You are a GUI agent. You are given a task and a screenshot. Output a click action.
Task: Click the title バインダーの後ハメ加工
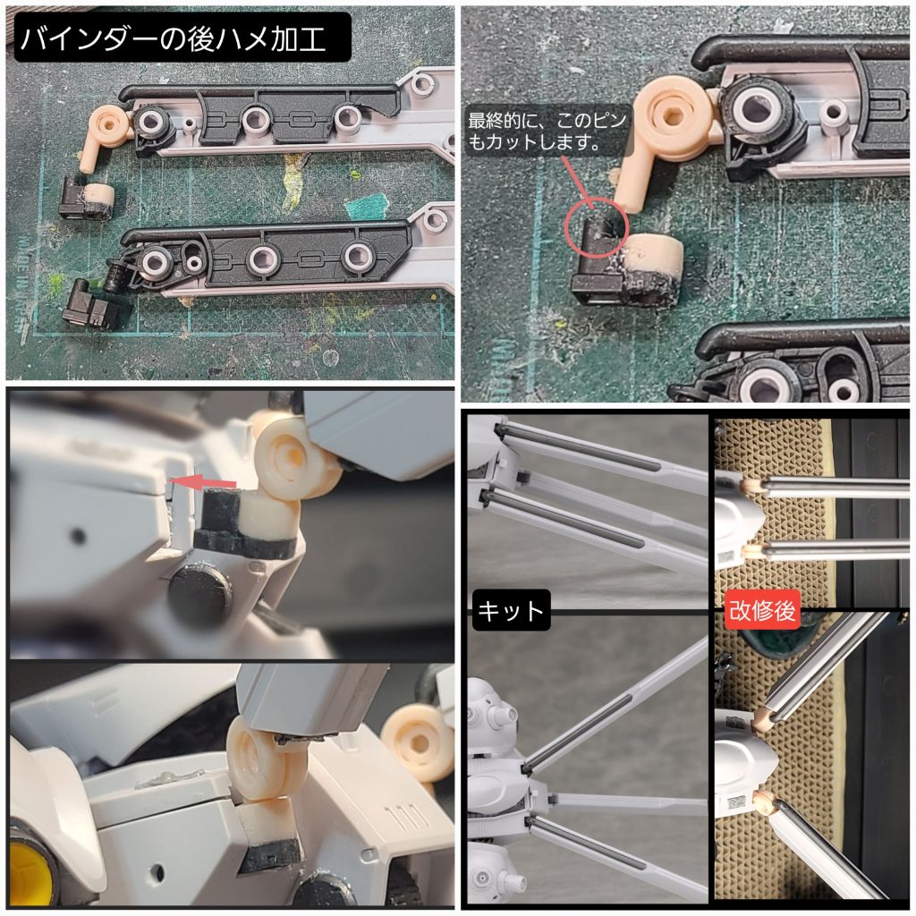click(x=179, y=40)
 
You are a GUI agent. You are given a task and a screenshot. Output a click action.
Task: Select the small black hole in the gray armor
click(x=79, y=537)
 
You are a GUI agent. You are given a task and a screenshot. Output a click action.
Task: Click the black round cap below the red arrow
click(x=199, y=594)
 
